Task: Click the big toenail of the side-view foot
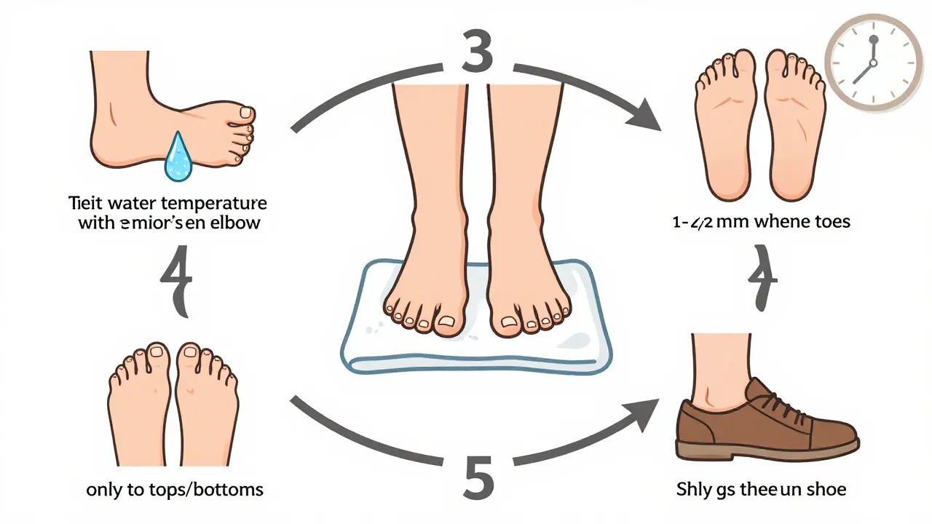(x=247, y=112)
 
